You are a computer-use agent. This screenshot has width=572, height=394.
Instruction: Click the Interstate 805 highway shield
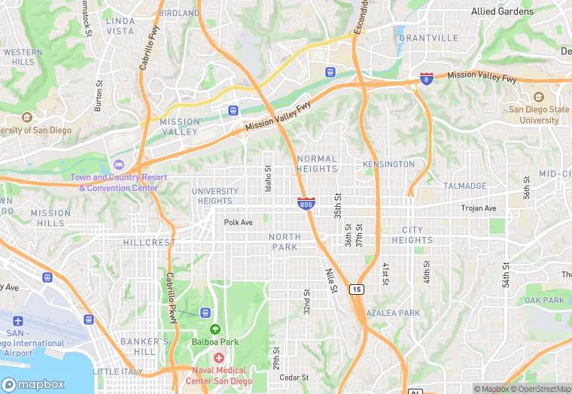306,203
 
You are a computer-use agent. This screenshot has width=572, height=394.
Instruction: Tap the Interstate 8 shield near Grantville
426,79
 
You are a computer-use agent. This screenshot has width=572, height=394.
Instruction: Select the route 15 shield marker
356,289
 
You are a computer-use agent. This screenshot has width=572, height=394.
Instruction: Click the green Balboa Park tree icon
214,329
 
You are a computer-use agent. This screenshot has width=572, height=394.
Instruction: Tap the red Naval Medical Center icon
218,358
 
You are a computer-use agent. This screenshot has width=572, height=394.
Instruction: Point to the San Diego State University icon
538,98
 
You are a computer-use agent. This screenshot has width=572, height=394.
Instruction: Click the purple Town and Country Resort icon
117,165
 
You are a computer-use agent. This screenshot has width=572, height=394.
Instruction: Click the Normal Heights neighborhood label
317,164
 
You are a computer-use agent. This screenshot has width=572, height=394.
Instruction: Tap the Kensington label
388,164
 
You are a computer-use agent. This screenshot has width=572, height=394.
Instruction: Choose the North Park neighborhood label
284,242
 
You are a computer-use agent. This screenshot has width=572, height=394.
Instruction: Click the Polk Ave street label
239,223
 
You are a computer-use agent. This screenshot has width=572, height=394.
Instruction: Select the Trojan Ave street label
479,208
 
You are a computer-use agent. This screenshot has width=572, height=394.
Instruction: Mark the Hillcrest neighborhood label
148,243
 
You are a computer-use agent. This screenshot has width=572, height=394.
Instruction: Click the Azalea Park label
393,313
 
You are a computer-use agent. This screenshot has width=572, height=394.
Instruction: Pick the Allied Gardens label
502,11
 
